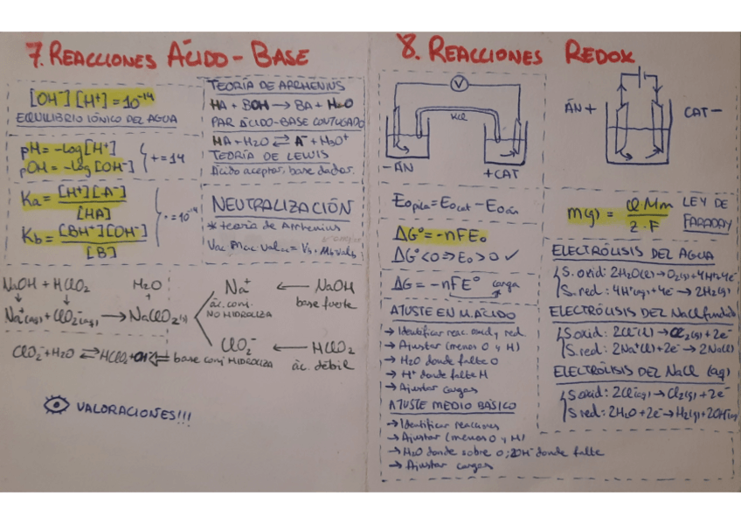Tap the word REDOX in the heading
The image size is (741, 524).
click(599, 54)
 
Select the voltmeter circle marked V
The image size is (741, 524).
click(454, 83)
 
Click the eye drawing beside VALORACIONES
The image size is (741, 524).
click(57, 405)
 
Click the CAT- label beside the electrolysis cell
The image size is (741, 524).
click(703, 112)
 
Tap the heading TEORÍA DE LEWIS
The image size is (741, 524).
click(253, 155)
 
